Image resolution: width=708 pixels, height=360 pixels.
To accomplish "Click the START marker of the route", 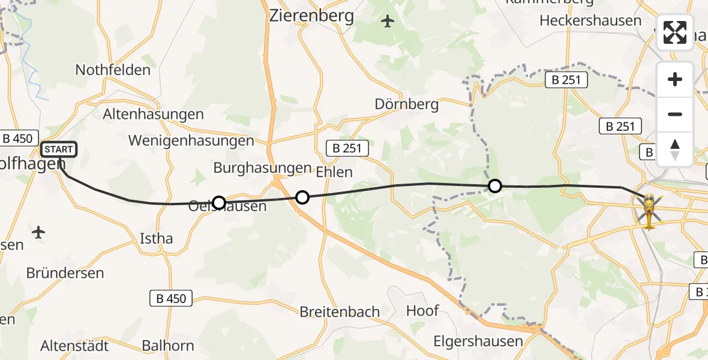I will tap(58, 149).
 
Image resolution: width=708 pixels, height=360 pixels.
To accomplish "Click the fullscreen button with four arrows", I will tap(675, 32).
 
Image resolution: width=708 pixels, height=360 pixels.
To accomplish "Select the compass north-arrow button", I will tap(675, 149).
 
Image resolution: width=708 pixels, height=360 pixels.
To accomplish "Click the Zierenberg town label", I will tap(311, 16).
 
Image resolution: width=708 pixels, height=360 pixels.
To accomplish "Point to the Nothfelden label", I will tap(113, 70).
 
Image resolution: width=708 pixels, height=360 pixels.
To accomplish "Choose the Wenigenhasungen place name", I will tap(191, 141).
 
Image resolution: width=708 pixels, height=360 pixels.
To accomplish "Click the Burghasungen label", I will tap(262, 168).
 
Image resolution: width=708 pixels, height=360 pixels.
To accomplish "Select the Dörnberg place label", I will tap(407, 104).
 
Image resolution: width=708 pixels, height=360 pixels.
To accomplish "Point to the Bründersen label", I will tap(65, 273).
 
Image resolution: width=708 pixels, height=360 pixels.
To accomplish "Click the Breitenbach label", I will tap(340, 312).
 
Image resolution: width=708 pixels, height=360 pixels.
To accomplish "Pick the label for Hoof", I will tap(423, 311).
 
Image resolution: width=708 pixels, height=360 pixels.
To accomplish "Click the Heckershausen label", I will tap(590, 20).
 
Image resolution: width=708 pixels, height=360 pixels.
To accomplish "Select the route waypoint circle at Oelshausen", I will tap(219, 203).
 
